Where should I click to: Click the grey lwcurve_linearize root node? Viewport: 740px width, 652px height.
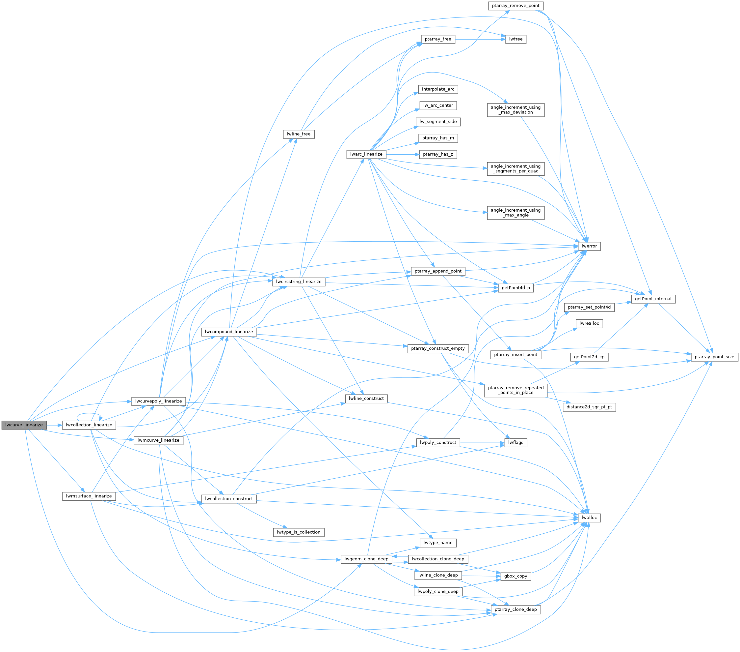point(24,425)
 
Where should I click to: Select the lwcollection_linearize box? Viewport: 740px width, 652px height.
point(89,425)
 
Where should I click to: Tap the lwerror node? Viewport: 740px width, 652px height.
point(589,246)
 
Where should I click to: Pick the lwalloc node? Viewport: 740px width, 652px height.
point(589,518)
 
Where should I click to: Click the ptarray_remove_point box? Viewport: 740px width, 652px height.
point(515,6)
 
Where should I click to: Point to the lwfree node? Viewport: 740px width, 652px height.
point(515,39)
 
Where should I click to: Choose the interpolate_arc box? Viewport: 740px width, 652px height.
point(438,89)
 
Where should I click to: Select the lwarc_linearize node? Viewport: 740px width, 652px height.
point(366,154)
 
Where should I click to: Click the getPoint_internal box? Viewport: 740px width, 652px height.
point(653,299)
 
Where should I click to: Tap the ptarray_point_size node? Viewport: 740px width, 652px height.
point(714,357)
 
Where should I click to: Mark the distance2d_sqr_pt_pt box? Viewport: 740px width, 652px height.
point(589,407)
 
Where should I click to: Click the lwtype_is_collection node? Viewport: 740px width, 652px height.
point(298,532)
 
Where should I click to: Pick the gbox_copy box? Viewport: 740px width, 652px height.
point(515,576)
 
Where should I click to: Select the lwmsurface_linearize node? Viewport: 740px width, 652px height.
point(89,496)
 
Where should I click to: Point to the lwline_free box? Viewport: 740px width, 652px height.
point(298,134)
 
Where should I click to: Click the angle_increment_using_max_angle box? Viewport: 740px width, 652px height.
point(515,213)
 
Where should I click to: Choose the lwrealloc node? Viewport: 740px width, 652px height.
point(589,323)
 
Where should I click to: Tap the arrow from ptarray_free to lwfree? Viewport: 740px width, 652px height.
point(480,39)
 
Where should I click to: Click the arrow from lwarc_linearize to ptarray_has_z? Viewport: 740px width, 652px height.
point(402,154)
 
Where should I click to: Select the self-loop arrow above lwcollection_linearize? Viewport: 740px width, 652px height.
point(89,414)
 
